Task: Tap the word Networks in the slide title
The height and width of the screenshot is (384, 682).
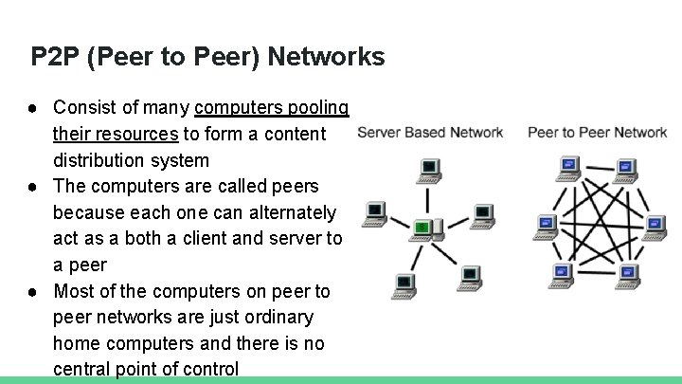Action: coord(326,57)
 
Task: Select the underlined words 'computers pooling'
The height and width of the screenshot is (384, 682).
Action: coord(271,107)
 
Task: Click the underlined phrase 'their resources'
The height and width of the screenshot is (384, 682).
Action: coord(116,134)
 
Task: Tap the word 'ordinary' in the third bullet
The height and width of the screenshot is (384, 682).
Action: coord(278,317)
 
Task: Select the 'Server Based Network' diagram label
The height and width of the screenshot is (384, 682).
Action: coord(430,132)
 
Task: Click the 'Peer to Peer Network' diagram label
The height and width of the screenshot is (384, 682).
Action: coord(597,132)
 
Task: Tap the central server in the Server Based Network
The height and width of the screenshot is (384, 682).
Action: coord(429,227)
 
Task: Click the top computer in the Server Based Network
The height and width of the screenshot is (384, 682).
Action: coord(428,171)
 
